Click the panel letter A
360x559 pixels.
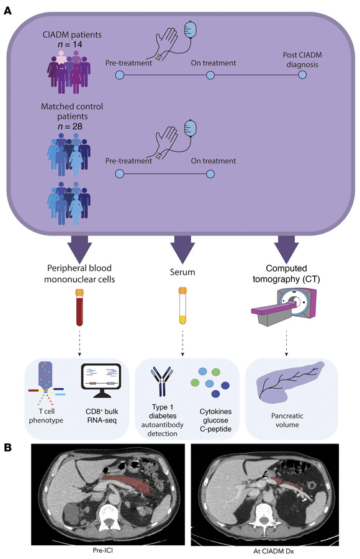(7, 11)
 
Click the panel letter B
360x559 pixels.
(7, 448)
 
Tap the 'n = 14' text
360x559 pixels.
(70, 44)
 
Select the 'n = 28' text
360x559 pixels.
(70, 127)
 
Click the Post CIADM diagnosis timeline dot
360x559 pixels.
(302, 75)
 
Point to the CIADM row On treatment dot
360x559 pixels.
(210, 75)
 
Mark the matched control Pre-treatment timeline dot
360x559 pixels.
(119, 174)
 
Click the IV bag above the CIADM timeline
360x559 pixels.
(191, 30)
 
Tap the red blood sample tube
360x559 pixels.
(79, 307)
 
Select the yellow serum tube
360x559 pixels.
(182, 306)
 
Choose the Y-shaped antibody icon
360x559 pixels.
(162, 381)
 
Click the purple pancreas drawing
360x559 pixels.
(289, 383)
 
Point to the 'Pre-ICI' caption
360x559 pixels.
(102, 550)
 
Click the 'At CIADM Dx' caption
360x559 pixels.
(274, 551)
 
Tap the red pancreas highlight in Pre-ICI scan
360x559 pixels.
(130, 484)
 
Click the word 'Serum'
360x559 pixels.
(182, 272)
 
